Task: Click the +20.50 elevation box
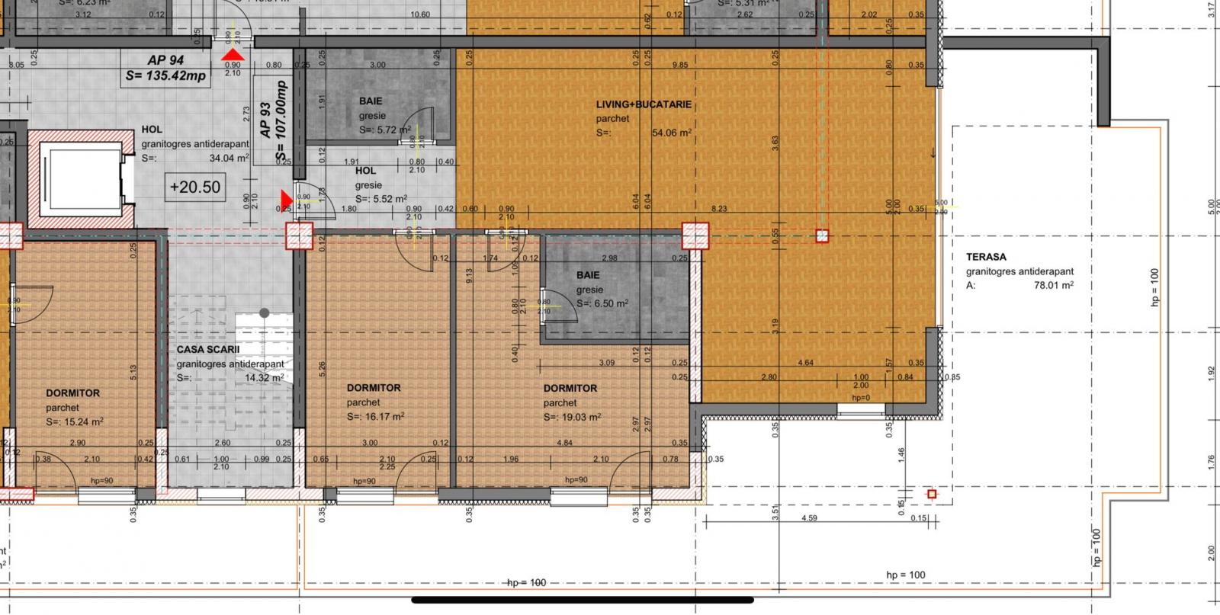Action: click(x=195, y=187)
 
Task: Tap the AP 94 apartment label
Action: click(x=165, y=60)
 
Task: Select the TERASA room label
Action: click(x=986, y=257)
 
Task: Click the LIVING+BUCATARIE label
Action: click(x=644, y=104)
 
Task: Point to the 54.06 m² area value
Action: click(x=672, y=133)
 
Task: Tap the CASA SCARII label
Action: click(x=208, y=350)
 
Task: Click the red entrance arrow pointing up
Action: click(x=233, y=55)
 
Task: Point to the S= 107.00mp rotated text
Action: click(x=283, y=123)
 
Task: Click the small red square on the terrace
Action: click(x=931, y=495)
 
